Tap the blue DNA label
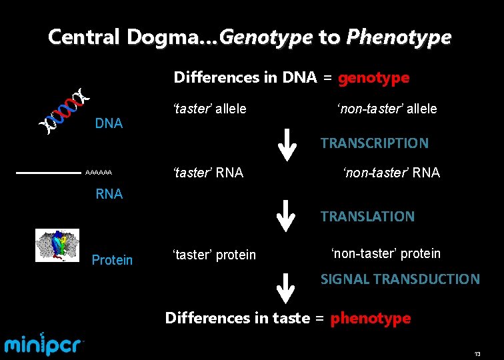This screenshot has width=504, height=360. (109, 123)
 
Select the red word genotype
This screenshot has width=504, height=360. (373, 78)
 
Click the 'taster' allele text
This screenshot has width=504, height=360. (209, 109)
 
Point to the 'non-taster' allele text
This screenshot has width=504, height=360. (386, 109)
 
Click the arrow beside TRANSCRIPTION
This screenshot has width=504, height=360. (286, 145)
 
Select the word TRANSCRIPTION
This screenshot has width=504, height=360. (374, 143)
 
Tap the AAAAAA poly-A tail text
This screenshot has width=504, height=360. (99, 173)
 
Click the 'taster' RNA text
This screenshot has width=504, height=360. (208, 173)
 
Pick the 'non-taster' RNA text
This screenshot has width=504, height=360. (391, 173)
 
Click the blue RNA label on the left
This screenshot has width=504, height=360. (109, 194)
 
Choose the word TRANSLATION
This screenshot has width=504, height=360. (367, 216)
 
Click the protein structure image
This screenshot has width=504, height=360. (57, 245)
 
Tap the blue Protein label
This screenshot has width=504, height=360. (112, 260)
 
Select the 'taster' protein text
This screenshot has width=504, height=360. (214, 255)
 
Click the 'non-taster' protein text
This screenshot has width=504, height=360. (385, 253)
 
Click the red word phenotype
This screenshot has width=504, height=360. (371, 318)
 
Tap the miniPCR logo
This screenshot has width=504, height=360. (45, 344)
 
